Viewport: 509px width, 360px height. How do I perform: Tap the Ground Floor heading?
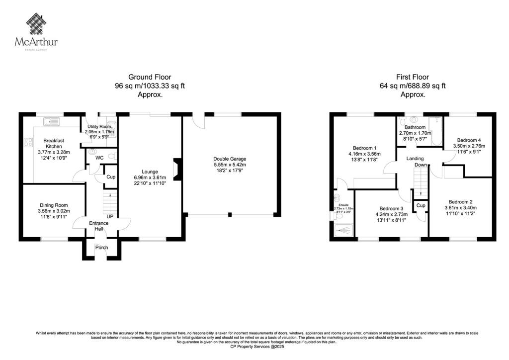(150, 77)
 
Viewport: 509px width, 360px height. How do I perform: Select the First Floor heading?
(412, 77)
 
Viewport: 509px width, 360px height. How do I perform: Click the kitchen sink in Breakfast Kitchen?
(51, 121)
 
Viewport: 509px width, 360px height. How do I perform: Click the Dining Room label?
(54, 205)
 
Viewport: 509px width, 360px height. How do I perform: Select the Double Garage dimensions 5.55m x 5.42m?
(229, 165)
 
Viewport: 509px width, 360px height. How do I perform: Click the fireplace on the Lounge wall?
(175, 169)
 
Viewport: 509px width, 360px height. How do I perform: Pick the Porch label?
(102, 248)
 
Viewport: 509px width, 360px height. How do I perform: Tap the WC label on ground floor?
(99, 158)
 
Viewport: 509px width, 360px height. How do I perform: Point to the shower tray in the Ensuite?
(343, 230)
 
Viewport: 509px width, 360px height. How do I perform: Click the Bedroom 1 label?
(364, 148)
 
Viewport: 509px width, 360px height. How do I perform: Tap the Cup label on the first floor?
(421, 205)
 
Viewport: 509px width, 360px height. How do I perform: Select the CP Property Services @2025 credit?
(254, 346)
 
